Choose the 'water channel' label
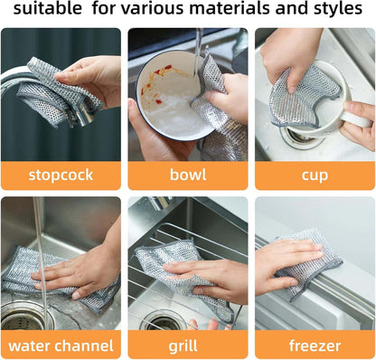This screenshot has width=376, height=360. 61,345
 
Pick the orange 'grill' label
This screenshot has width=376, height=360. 187,345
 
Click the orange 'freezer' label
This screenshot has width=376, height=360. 314,345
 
